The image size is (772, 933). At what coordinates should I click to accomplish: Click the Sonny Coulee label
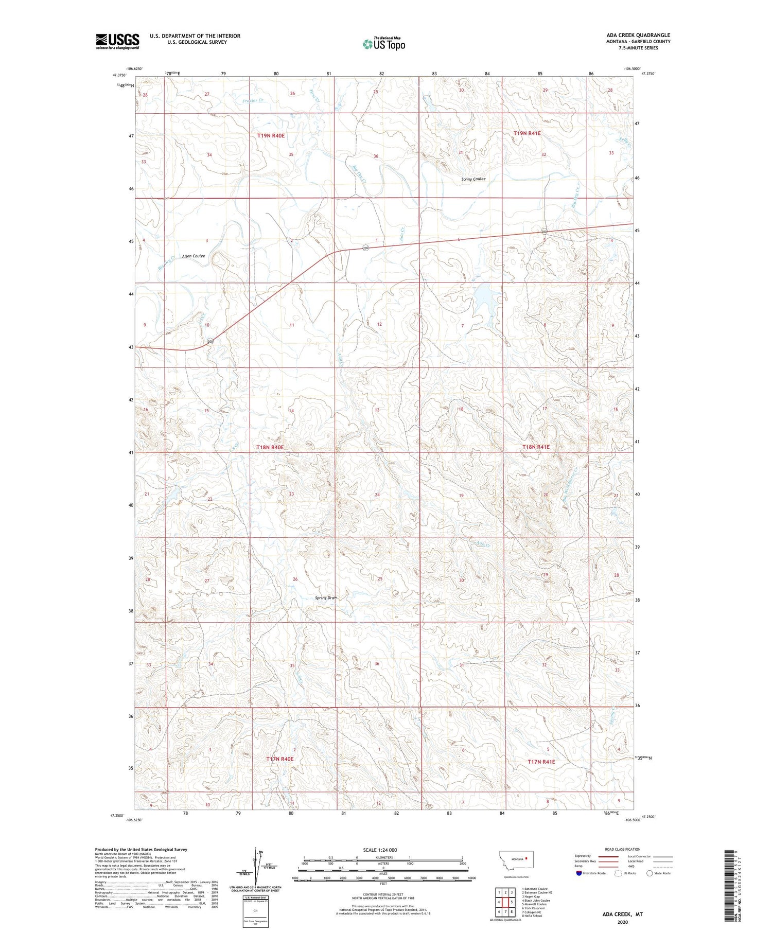coord(473,179)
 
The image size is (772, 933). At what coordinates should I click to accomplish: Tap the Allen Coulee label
coord(193,256)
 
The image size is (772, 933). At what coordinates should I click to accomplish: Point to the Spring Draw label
coord(326,597)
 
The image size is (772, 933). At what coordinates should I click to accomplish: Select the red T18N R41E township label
coord(536,447)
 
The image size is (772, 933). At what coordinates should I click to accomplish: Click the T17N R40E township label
coord(280,759)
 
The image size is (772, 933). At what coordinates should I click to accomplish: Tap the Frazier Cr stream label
coord(253,100)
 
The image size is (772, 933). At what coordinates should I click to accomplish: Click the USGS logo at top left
coord(117,41)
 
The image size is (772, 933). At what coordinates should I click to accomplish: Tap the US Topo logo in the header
coord(383,44)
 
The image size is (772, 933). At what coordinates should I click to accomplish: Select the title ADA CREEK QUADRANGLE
coord(638,35)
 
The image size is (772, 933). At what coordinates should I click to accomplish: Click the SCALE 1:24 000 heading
coord(380,850)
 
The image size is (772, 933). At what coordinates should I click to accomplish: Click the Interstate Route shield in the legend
coord(579,873)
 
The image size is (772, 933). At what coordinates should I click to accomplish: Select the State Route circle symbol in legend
coord(650,873)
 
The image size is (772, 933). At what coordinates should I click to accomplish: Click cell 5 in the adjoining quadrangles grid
coord(512,902)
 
